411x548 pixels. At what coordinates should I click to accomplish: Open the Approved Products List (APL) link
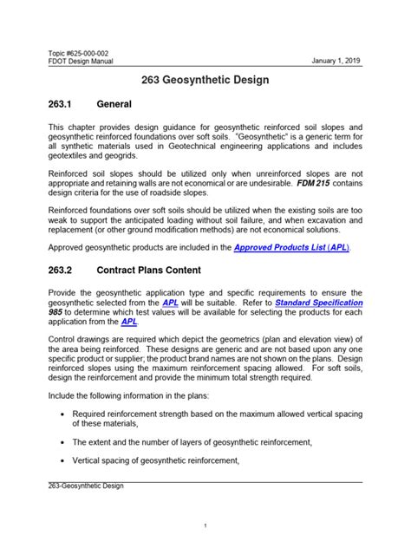click(290, 247)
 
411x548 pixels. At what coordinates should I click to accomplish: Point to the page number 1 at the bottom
click(205, 526)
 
